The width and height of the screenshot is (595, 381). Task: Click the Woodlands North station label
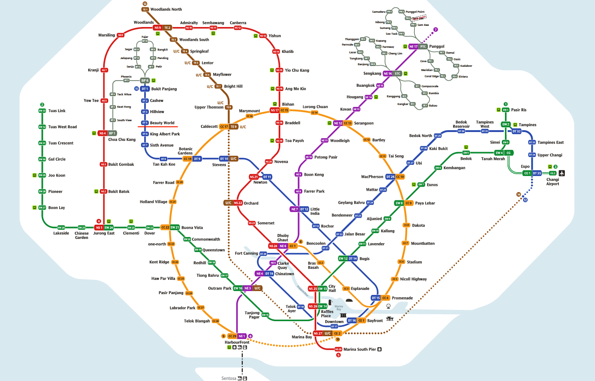click(166, 9)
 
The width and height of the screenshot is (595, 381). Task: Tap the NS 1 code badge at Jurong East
click(99, 228)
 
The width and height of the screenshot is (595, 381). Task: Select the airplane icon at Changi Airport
click(562, 173)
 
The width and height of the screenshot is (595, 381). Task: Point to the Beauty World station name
click(162, 123)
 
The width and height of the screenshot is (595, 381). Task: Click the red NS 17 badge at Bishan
click(274, 110)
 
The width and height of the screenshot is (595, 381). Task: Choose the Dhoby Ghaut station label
click(283, 238)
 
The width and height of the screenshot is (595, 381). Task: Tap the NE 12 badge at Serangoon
click(338, 124)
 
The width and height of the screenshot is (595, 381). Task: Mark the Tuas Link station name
click(57, 111)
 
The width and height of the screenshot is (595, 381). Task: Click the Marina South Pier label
click(360, 349)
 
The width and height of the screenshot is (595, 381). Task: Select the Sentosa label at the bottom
click(228, 378)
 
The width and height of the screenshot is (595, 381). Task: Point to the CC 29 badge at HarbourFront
click(232, 336)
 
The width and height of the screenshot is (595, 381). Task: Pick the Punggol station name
click(436, 46)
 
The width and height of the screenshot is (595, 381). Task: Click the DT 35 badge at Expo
click(537, 173)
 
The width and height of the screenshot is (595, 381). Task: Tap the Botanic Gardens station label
click(186, 151)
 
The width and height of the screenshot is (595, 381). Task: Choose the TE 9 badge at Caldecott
click(234, 127)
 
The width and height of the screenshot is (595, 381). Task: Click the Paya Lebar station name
click(425, 203)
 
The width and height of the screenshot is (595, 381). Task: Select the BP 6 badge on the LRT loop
click(145, 81)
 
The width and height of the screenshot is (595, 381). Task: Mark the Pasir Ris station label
click(518, 110)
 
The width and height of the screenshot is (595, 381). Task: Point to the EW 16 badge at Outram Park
click(238, 288)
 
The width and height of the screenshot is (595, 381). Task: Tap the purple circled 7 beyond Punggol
click(436, 30)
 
